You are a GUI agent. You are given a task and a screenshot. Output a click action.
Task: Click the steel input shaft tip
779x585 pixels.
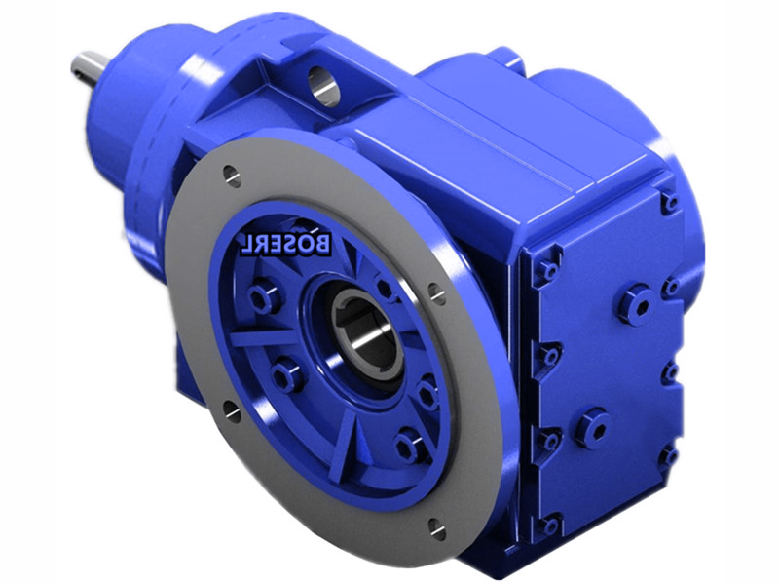click(91, 68)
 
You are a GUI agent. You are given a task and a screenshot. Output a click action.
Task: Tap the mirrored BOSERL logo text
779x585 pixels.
click(286, 244)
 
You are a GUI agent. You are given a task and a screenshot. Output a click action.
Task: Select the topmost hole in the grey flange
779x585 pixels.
click(232, 175)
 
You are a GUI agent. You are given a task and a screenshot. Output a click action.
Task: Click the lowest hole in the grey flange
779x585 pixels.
click(435, 528)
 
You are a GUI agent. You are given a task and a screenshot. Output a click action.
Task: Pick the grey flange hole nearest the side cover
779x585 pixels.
click(437, 293)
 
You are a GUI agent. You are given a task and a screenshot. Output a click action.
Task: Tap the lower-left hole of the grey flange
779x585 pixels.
click(232, 410)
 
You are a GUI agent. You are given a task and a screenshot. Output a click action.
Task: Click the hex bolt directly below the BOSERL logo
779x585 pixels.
click(263, 298)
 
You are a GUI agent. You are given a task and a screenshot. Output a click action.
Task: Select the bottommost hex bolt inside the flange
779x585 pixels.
click(408, 444)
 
